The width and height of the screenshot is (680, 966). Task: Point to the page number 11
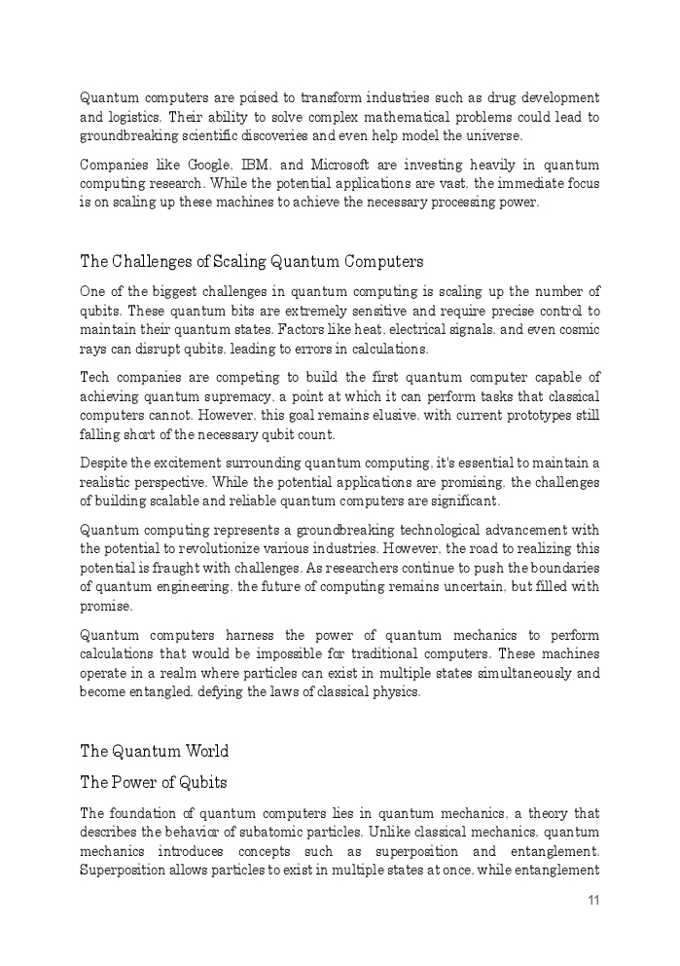(593, 900)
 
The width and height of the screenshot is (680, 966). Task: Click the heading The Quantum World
(154, 751)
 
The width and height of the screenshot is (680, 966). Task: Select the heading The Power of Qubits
(154, 783)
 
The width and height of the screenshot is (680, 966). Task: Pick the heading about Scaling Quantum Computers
(251, 261)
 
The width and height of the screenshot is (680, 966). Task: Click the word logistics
(137, 118)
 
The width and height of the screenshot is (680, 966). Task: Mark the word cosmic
(577, 330)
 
